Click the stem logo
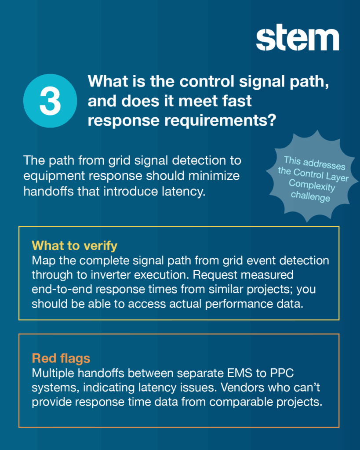(x=298, y=40)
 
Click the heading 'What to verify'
(x=74, y=245)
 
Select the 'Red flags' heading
(x=61, y=358)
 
